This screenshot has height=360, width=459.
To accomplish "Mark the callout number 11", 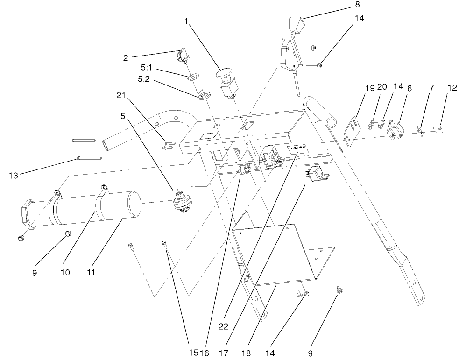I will pyautogui.click(x=91, y=272).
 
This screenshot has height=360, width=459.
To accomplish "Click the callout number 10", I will pyautogui.click(x=65, y=272).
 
